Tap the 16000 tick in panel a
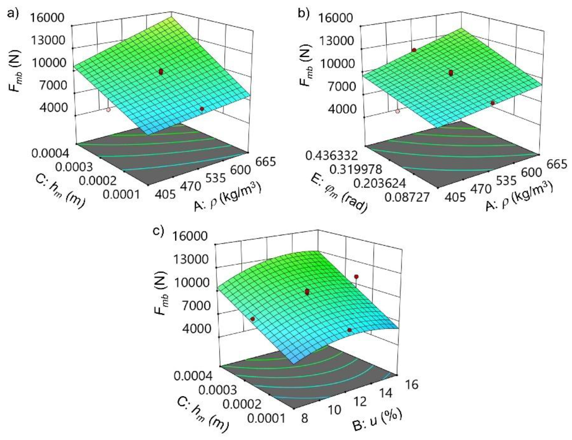coord(47,18)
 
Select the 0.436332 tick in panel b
coord(331,156)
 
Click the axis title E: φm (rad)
coord(338,193)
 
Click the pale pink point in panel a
coord(108,110)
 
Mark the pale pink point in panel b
coord(398,111)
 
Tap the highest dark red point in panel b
coord(414,50)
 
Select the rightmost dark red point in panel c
coord(356,276)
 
